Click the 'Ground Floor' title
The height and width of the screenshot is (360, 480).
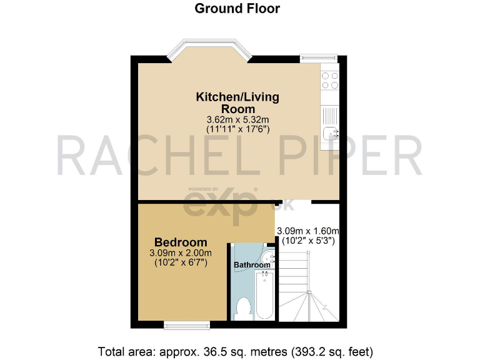(237, 9)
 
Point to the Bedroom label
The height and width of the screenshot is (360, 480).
(181, 242)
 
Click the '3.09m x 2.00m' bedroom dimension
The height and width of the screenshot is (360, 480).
(181, 253)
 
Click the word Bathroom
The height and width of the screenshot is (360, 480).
(252, 265)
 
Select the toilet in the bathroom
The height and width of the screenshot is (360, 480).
(244, 307)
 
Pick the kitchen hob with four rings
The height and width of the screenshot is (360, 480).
(330, 80)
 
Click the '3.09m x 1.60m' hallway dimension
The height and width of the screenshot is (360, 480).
(308, 230)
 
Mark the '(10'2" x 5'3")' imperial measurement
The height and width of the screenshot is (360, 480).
(308, 240)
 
